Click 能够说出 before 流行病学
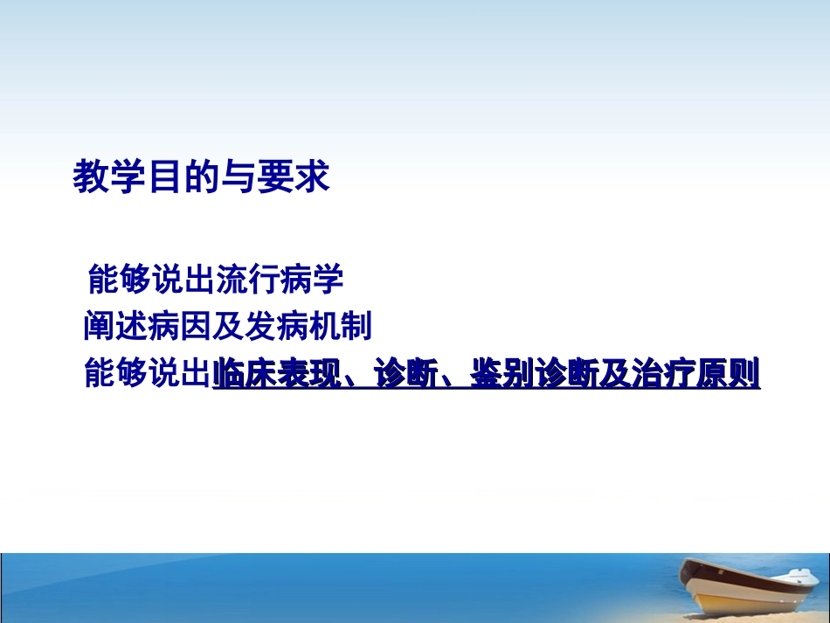[x=151, y=280]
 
